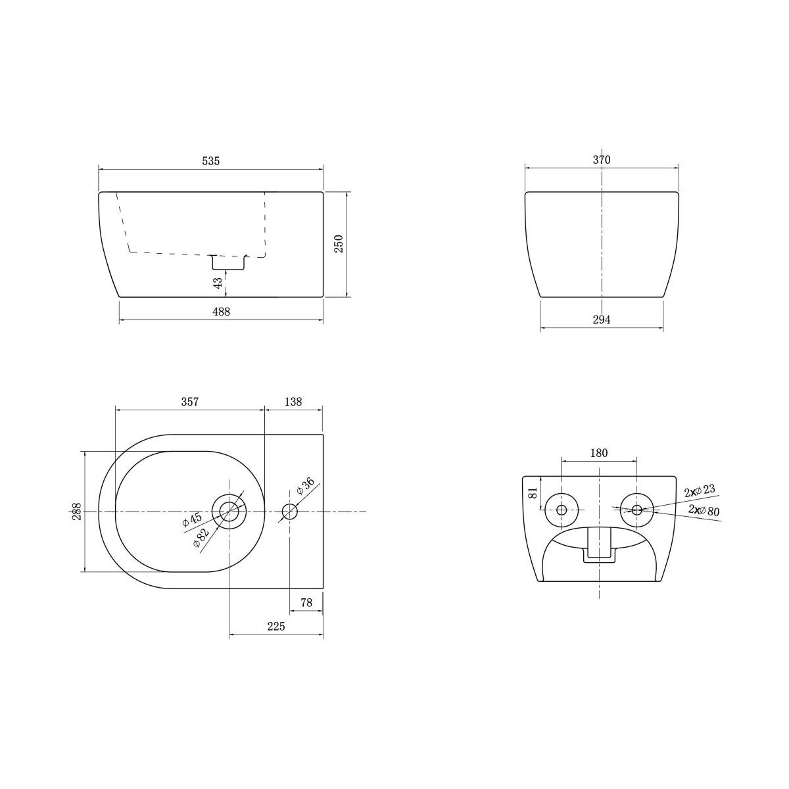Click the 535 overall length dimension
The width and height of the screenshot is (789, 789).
pos(211,161)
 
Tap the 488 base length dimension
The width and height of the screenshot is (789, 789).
pos(221,312)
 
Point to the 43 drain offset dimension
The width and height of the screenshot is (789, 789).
pos(218,282)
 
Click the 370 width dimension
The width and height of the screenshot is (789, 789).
pos(602,160)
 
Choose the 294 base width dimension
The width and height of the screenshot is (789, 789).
pos(602,320)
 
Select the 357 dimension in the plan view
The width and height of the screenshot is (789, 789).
pos(190,402)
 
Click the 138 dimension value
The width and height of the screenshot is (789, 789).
pos(293,402)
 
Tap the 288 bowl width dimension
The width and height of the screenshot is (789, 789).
pos(76,512)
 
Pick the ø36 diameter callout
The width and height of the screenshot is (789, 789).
pos(305,486)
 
